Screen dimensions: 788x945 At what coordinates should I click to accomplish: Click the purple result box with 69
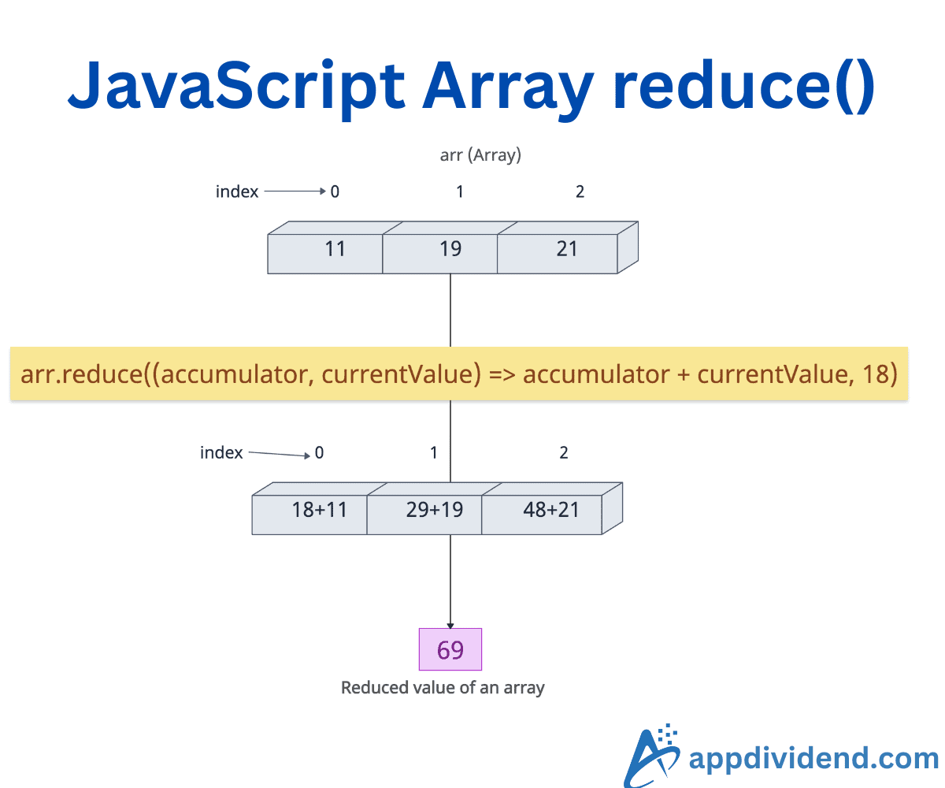(450, 650)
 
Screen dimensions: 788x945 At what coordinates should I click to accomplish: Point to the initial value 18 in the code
(875, 374)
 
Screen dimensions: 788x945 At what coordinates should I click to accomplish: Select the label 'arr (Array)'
(480, 155)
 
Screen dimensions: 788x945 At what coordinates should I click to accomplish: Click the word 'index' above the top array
(237, 191)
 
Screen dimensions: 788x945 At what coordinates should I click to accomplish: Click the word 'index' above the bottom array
(221, 453)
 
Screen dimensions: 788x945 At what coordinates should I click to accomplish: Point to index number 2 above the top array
(580, 191)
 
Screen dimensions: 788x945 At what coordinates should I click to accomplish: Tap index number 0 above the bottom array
(319, 453)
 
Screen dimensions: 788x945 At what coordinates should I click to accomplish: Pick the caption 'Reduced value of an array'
(443, 688)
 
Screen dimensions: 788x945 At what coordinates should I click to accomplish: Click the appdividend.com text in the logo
(813, 759)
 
